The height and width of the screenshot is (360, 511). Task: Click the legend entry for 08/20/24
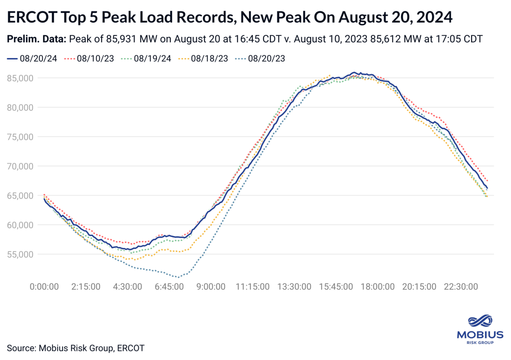[32, 59]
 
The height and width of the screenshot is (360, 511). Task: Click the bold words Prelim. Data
[36, 40]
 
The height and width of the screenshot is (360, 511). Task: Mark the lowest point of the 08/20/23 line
[178, 277]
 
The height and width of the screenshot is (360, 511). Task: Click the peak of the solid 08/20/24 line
[354, 72]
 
